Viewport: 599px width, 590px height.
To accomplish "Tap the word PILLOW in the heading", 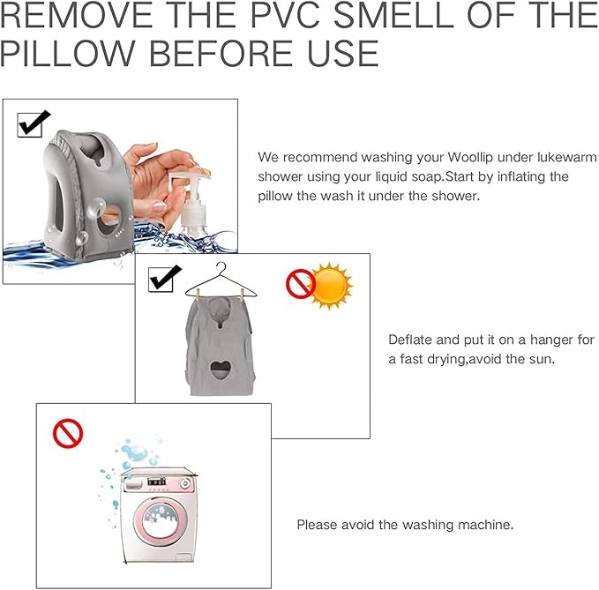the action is [x=68, y=54].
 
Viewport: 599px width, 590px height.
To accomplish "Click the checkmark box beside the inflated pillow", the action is [x=33, y=123].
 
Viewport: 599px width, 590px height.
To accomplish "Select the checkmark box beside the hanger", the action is [x=164, y=279].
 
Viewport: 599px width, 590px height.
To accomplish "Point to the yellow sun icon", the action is [x=331, y=285].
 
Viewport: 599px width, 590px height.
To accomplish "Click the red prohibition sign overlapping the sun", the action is [x=301, y=283].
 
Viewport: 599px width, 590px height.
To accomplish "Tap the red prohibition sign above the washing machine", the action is [x=68, y=433].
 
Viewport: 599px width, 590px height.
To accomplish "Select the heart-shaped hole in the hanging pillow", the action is [x=221, y=370].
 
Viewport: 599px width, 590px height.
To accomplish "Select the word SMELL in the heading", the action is [x=394, y=14].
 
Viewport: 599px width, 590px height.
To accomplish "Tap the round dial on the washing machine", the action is [x=185, y=483].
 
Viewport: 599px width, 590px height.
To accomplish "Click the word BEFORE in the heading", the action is [x=221, y=54].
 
